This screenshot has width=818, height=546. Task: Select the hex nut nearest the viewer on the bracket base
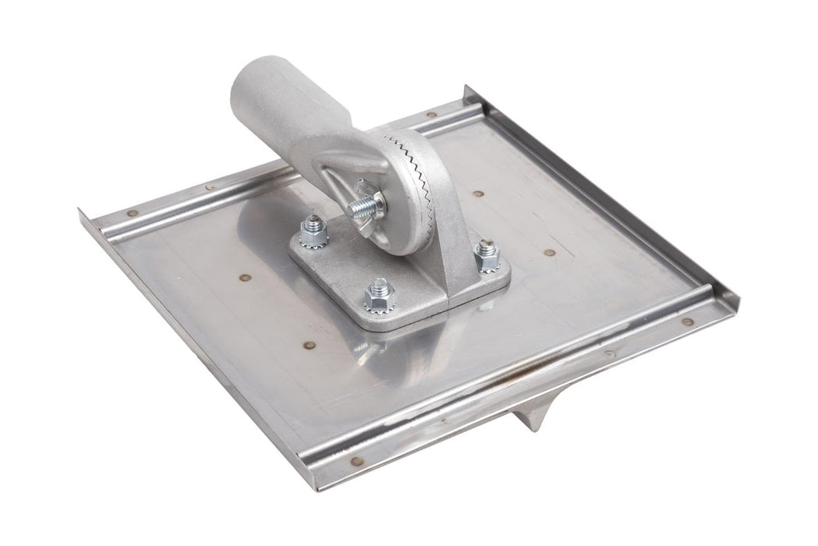379,296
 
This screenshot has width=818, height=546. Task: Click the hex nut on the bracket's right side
487,255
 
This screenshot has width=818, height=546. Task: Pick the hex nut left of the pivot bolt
314,231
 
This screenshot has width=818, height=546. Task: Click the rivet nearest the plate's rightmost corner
687,321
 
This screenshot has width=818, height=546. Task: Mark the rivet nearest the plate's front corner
358,460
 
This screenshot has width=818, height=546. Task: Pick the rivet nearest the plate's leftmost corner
132,213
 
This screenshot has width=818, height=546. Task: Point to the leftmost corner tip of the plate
80,211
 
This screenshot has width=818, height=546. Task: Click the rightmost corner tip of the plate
737,306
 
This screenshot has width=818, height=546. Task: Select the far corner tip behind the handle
466,88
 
